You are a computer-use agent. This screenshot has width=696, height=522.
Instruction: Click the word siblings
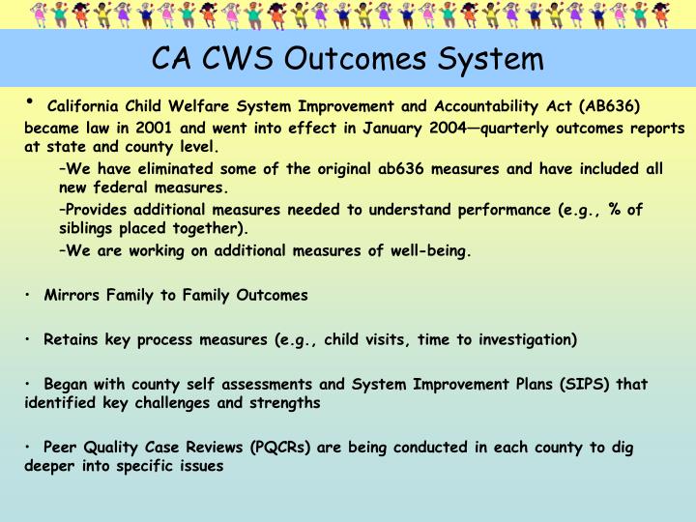[88, 229]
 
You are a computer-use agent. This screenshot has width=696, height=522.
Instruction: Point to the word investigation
[529, 339]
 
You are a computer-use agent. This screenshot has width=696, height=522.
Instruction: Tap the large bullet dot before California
[31, 101]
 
